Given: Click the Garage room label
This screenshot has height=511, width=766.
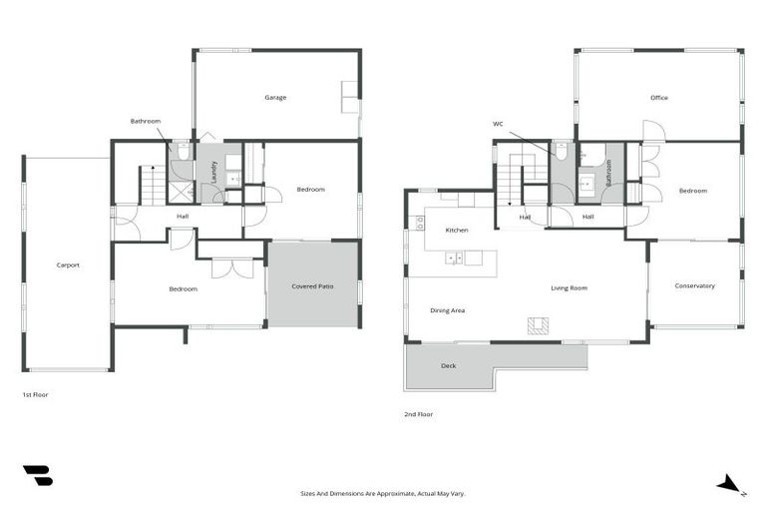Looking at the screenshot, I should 275,98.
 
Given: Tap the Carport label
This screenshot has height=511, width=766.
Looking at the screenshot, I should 68,264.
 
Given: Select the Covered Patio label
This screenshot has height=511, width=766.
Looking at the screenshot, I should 312,286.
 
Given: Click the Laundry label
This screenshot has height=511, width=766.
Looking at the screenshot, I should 213,171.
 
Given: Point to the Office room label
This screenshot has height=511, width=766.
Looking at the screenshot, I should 658,98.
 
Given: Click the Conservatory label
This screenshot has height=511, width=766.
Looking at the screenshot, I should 694,286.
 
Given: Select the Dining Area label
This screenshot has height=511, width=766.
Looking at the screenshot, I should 448,310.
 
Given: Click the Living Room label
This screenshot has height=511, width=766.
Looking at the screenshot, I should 569,288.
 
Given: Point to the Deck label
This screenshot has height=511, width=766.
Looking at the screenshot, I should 449,366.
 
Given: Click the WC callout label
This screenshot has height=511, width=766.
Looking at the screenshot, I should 498,124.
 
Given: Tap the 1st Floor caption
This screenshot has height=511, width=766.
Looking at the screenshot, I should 35,395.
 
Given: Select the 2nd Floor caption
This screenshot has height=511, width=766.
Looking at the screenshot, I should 419,414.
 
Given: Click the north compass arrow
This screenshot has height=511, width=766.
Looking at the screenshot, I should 730,484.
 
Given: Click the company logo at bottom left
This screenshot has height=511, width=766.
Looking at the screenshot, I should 37,476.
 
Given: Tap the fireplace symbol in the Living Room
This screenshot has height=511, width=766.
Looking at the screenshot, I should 538,325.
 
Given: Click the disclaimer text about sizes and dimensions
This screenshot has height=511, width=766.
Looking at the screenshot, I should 382,493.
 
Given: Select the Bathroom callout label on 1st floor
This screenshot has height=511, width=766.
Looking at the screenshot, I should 145,121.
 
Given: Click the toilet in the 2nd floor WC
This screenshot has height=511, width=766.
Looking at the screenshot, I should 563,153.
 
